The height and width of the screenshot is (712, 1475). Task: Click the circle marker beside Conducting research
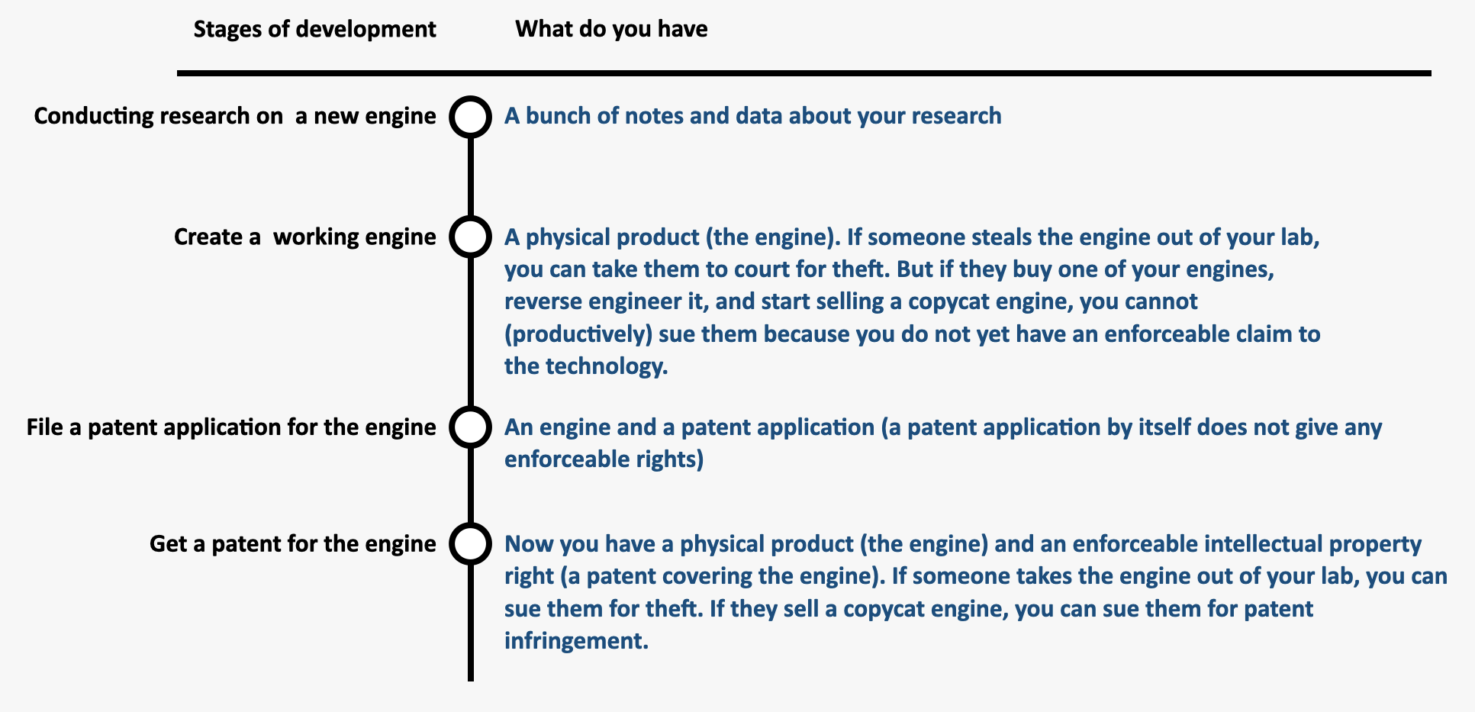click(470, 99)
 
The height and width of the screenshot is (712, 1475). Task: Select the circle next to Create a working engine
click(470, 220)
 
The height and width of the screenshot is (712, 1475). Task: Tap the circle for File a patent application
click(470, 410)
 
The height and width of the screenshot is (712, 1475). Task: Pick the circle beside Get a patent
click(470, 527)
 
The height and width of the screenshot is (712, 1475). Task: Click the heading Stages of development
click(314, 29)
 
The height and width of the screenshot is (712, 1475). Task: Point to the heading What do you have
click(611, 29)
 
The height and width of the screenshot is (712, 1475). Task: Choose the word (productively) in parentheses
click(578, 334)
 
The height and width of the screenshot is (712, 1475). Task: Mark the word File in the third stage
click(44, 427)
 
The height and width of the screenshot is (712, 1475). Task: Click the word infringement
click(576, 640)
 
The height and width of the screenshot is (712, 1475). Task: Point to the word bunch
click(559, 116)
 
